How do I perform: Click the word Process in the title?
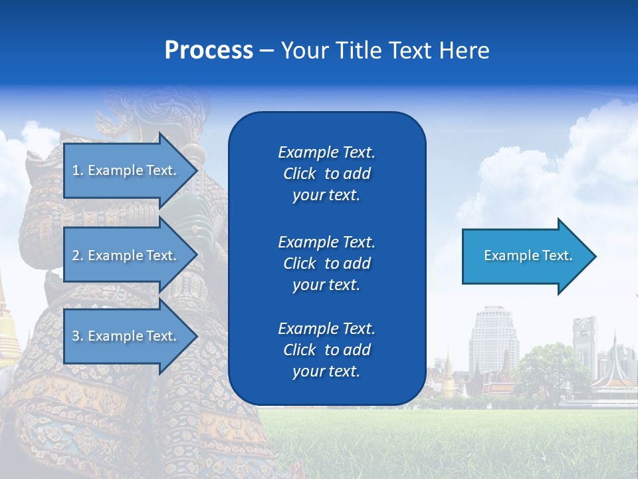(209, 51)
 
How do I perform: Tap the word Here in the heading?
(465, 51)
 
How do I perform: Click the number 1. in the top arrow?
(78, 170)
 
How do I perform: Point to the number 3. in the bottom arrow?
(78, 336)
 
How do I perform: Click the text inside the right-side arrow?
(528, 255)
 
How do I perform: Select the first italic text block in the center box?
(326, 174)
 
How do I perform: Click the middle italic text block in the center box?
(326, 263)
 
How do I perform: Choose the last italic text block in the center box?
(326, 350)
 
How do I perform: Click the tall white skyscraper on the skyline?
(492, 339)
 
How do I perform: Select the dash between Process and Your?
(266, 51)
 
